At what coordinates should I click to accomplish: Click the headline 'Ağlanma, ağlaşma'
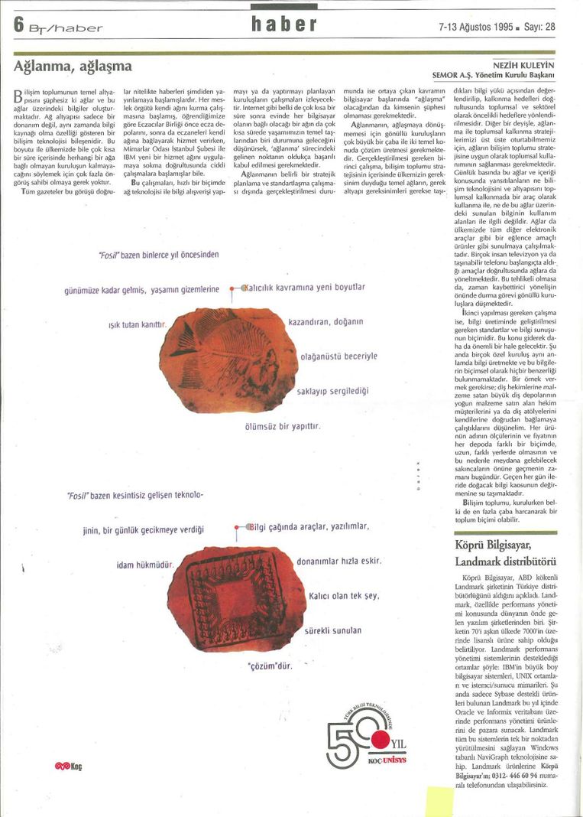73,66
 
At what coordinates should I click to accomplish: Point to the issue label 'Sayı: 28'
539,26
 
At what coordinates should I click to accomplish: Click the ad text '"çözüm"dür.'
271,666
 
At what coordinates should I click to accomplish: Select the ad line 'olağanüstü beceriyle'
338,356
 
